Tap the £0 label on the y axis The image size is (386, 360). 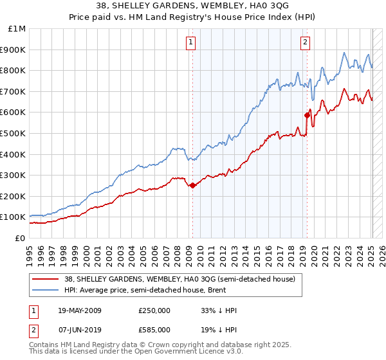[20, 238]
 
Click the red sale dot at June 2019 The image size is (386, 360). [307, 115]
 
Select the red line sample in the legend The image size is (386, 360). [45, 279]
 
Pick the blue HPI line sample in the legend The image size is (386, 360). [45, 291]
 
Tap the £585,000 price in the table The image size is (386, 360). [154, 329]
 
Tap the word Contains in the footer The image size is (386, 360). [44, 345]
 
